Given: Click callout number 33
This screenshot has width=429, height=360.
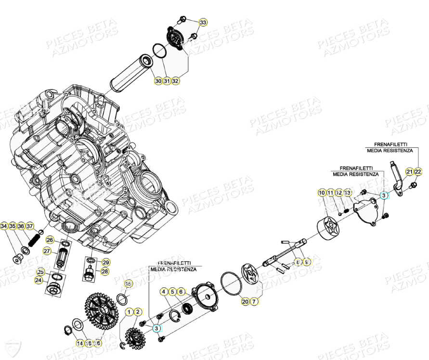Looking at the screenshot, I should pos(203,23).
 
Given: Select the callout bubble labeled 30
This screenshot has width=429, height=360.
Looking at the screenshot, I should pos(158,81).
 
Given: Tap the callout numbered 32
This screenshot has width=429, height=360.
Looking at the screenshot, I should pos(175,81).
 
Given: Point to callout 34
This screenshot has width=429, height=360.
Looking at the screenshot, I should pos(4,226).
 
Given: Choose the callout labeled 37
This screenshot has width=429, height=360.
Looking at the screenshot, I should pos(30,226).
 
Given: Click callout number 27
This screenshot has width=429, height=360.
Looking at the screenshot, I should pos(47,251).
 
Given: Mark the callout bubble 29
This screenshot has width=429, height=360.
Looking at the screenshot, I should pos(105,262).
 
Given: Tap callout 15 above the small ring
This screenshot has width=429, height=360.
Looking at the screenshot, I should pos(128,284).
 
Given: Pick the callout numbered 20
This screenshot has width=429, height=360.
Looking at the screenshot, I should pos(245,302).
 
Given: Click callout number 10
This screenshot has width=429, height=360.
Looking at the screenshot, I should pos(321,193).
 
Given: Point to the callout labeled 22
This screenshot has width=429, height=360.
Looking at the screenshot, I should pos(417,172).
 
